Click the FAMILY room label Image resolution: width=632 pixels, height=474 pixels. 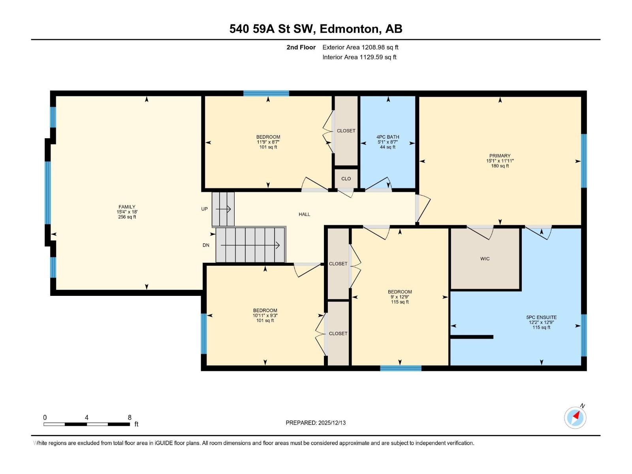[127, 207]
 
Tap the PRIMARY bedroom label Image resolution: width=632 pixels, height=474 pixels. [500, 156]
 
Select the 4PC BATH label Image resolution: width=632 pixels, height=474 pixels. [387, 137]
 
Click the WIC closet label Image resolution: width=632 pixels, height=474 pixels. [485, 259]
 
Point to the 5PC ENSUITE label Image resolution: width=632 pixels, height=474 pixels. [541, 317]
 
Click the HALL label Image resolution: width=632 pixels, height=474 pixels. [304, 214]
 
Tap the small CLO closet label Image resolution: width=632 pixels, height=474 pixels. [346, 179]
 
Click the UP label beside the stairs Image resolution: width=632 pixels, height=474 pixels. [204, 209]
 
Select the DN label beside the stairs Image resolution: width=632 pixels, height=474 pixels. [206, 245]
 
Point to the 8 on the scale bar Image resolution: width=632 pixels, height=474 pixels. [130, 418]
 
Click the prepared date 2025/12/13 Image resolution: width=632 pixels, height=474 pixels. [331, 423]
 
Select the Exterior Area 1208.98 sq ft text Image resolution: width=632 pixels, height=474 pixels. [360, 47]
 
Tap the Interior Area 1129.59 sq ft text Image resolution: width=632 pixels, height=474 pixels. [359, 57]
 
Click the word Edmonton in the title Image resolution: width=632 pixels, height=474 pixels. [349, 29]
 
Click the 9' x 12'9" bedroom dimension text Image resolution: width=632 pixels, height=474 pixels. [400, 297]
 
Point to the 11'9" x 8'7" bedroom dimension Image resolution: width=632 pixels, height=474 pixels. [268, 142]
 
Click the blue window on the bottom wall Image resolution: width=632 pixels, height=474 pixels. [401, 368]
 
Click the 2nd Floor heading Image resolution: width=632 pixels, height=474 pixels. [301, 47]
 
